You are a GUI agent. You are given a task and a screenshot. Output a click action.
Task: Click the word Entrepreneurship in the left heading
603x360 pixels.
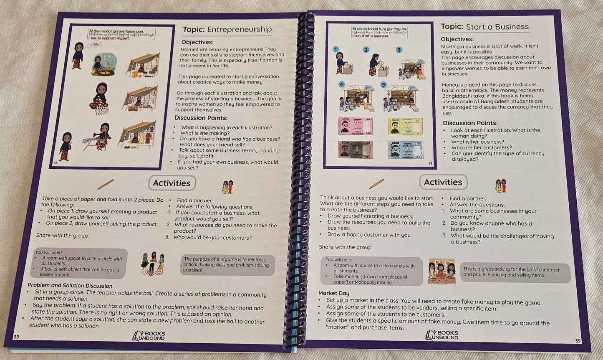click(x=239, y=29)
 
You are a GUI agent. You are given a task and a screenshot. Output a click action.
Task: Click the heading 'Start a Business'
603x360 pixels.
click(x=497, y=27)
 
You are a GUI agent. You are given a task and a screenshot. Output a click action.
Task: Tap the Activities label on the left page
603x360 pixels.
click(x=172, y=183)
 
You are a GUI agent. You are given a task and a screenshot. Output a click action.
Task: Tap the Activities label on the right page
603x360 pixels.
click(x=443, y=182)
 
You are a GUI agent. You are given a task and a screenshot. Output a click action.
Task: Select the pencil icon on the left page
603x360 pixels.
click(x=105, y=184)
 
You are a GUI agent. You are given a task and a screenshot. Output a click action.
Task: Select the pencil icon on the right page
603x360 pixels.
click(x=376, y=183)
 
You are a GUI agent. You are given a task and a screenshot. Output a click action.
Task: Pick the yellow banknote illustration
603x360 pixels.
click(x=405, y=126)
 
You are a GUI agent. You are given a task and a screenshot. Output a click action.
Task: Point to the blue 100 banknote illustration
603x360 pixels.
click(x=405, y=150)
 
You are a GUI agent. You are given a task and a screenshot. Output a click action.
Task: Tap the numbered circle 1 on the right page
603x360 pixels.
click(x=336, y=49)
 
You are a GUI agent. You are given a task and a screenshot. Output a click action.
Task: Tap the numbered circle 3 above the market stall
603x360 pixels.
click(x=399, y=50)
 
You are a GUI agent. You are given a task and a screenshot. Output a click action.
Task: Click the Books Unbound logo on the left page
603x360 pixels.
click(x=149, y=335)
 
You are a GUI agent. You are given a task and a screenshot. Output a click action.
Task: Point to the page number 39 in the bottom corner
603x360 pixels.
click(x=578, y=341)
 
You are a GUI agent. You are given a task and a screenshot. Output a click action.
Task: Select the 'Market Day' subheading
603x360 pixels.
click(x=334, y=293)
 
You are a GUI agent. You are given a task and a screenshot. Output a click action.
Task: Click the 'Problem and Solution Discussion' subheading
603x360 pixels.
click(x=70, y=286)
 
